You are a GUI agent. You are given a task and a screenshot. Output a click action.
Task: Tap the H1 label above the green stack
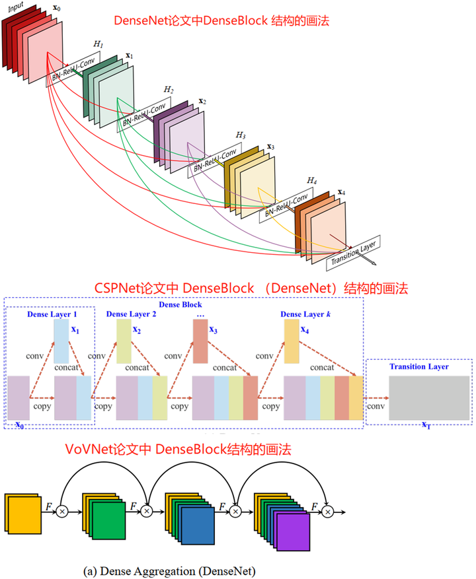point(99,43)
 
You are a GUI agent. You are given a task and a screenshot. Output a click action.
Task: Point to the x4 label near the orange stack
point(341,192)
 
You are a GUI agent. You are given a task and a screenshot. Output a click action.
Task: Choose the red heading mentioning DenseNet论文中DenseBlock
point(221,21)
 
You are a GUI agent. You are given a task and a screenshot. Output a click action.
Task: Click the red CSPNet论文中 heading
point(252,289)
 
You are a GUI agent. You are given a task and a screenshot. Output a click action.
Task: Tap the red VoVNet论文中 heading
point(178,450)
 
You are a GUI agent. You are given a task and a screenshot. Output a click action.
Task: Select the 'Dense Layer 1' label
point(52,314)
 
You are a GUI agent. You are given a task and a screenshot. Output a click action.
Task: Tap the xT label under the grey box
point(426,425)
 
